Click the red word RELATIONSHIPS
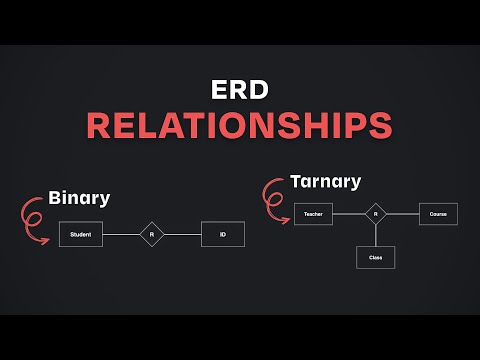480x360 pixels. [x=239, y=125]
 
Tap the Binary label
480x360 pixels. [x=78, y=197]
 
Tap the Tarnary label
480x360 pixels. [x=325, y=181]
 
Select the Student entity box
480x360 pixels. [x=81, y=235]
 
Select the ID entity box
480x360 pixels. [x=222, y=235]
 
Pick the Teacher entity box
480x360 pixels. [x=313, y=214]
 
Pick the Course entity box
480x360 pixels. [x=437, y=214]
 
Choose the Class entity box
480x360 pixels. [x=375, y=257]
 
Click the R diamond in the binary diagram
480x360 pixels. [x=151, y=235]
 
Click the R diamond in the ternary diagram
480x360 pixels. [x=375, y=214]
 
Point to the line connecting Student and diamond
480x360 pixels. [x=121, y=235]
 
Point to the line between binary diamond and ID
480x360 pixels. [x=182, y=235]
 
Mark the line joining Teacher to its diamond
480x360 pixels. [x=347, y=214]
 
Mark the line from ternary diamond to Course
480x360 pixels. [x=402, y=214]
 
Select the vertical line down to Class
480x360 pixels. [x=375, y=236]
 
